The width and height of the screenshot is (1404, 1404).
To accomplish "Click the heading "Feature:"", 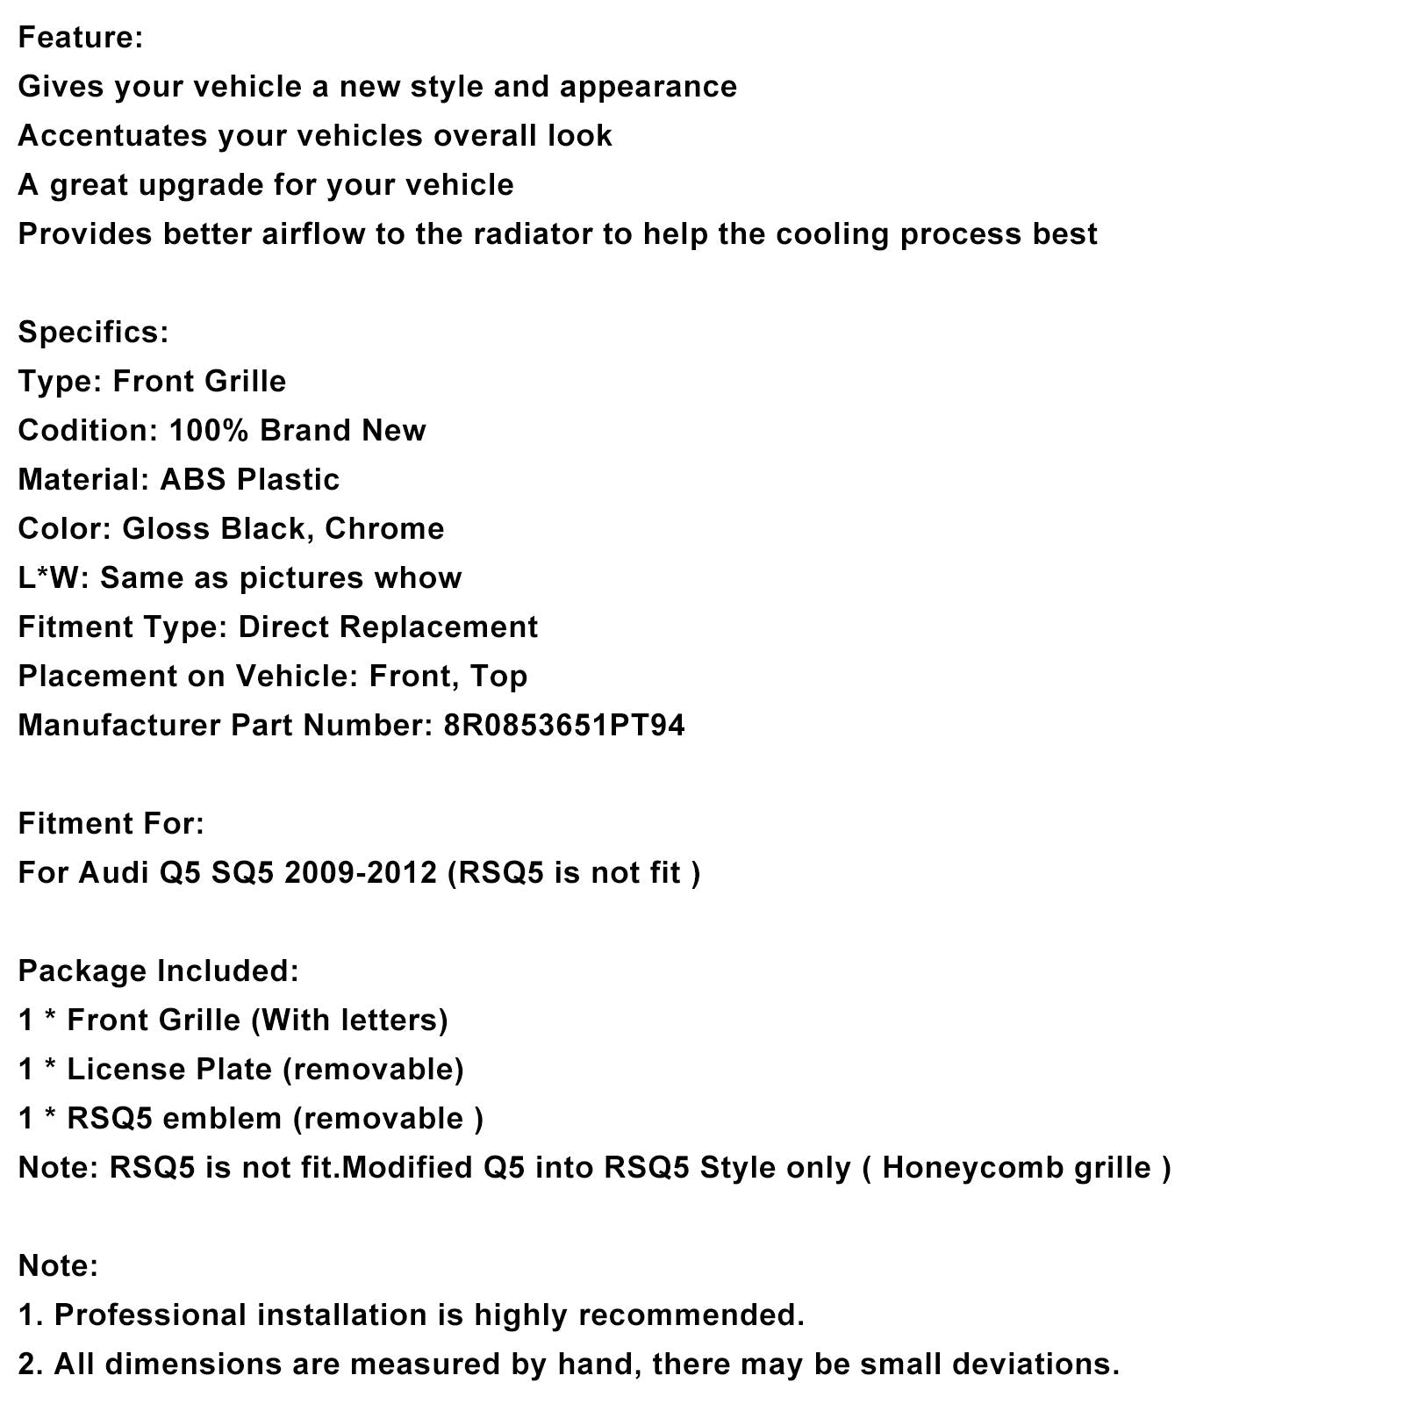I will tap(80, 38).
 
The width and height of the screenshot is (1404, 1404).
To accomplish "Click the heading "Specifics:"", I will tap(93, 333).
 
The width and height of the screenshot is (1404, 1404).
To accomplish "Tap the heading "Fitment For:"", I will tap(111, 824).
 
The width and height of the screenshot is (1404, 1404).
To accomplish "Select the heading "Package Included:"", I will tap(158, 971).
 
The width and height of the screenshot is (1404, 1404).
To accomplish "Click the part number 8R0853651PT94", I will tap(564, 726).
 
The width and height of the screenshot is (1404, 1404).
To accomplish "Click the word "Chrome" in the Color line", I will tap(384, 529).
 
